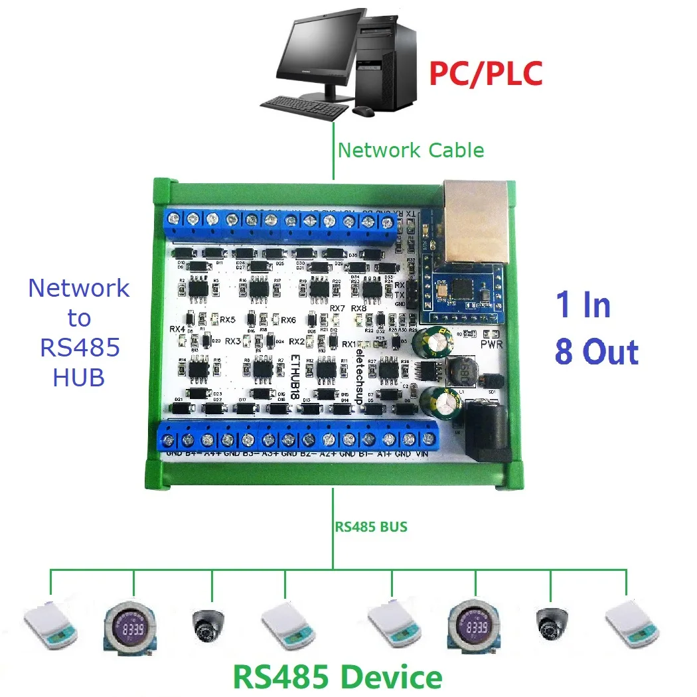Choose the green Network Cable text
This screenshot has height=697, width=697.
410,150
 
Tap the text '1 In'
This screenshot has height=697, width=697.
582,305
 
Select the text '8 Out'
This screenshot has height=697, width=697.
596,352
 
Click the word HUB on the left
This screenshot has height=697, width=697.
78,377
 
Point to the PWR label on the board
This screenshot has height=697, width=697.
492,345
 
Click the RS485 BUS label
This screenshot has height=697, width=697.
371,527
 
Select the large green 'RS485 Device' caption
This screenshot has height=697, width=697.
337,677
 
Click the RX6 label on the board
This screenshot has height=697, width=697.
287,321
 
